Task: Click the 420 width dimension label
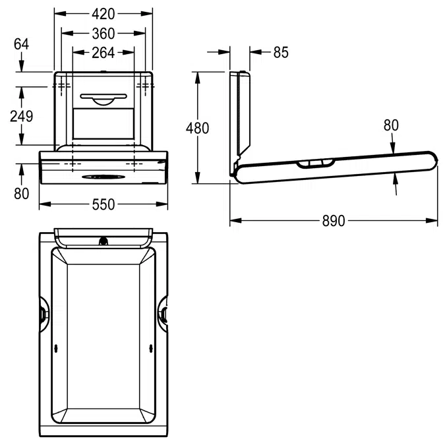[x=104, y=14]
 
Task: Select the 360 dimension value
[x=104, y=34]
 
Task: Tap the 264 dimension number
[x=104, y=53]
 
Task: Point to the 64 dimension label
[x=21, y=44]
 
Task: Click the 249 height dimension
[x=21, y=116]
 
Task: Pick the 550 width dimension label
[x=104, y=204]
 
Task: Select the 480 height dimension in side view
[x=198, y=128]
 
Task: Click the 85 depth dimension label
[x=281, y=52]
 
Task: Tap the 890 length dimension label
[x=334, y=220]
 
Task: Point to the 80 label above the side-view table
[x=391, y=125]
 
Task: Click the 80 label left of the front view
[x=21, y=194]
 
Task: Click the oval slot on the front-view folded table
[x=104, y=177]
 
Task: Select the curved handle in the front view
[x=104, y=98]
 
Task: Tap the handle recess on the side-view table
[x=315, y=163]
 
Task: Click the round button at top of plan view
[x=104, y=241]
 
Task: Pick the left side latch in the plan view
[x=44, y=314]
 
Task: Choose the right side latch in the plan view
[x=163, y=314]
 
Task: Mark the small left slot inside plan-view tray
[x=56, y=348]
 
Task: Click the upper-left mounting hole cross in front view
[x=61, y=86]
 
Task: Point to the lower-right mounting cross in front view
[x=134, y=163]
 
